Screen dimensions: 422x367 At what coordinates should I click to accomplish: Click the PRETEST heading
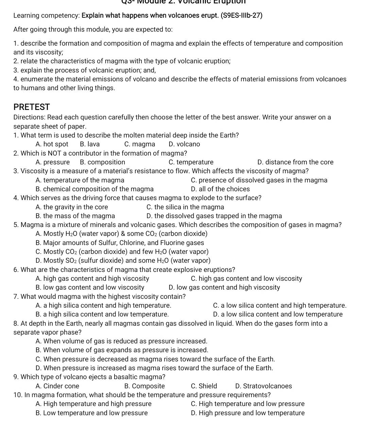click(x=32, y=107)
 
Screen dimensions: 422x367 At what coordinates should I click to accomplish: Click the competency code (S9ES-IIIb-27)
click(x=241, y=16)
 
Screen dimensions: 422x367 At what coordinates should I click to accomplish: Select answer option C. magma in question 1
click(x=140, y=144)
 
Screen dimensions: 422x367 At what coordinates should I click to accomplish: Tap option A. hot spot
click(x=52, y=144)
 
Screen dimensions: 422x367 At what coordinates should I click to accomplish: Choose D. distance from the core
click(x=295, y=162)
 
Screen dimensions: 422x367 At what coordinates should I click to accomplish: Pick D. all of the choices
click(x=220, y=189)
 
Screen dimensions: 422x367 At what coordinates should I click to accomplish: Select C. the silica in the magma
click(x=185, y=207)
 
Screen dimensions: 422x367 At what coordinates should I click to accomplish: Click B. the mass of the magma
click(x=75, y=216)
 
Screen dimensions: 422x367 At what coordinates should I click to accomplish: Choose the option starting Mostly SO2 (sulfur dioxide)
click(x=123, y=261)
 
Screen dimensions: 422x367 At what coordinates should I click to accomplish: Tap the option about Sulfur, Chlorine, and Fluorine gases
click(x=120, y=243)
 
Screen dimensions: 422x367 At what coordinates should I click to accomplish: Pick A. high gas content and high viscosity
click(x=92, y=279)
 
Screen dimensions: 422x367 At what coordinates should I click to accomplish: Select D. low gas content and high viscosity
click(x=224, y=288)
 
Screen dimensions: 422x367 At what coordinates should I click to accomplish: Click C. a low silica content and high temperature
click(x=280, y=306)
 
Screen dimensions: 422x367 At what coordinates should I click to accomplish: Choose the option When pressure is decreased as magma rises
click(x=155, y=359)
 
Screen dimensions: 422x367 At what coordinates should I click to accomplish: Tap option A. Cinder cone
click(x=57, y=386)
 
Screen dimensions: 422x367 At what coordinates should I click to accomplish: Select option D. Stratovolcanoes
click(x=263, y=386)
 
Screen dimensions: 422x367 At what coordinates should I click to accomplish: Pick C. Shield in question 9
click(x=204, y=386)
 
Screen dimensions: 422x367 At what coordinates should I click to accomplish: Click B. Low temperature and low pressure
click(x=91, y=413)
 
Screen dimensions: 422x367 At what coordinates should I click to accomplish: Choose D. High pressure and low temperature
click(x=248, y=413)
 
